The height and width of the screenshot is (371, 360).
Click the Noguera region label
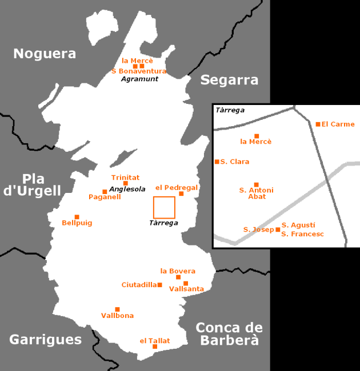pos(45,54)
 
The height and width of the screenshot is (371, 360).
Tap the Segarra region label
pos(229,80)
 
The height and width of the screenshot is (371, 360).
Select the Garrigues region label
pos(45,340)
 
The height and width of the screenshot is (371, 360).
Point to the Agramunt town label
pos(139,79)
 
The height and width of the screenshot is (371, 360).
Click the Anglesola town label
pos(127,189)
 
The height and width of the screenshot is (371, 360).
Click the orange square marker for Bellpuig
pos(77,217)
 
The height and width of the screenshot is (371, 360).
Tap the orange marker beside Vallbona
pos(117,309)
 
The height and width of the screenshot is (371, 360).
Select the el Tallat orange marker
pos(154,346)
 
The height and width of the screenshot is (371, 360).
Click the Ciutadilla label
pos(139,285)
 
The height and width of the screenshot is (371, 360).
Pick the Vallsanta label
pos(186,289)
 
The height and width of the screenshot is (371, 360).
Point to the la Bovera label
pos(178,271)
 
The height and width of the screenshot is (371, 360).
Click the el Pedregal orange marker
pos(181,193)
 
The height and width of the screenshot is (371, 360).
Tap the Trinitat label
pos(125,178)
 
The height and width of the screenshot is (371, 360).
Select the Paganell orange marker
pos(105,192)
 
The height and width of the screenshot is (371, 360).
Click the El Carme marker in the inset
pos(318,124)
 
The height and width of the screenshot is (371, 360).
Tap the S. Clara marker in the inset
pos(217,162)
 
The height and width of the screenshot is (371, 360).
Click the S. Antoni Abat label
pos(257,193)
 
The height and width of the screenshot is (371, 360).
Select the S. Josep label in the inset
pos(258,229)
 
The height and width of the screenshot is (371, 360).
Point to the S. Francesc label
pos(303,234)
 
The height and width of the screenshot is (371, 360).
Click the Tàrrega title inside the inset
pos(230,110)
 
